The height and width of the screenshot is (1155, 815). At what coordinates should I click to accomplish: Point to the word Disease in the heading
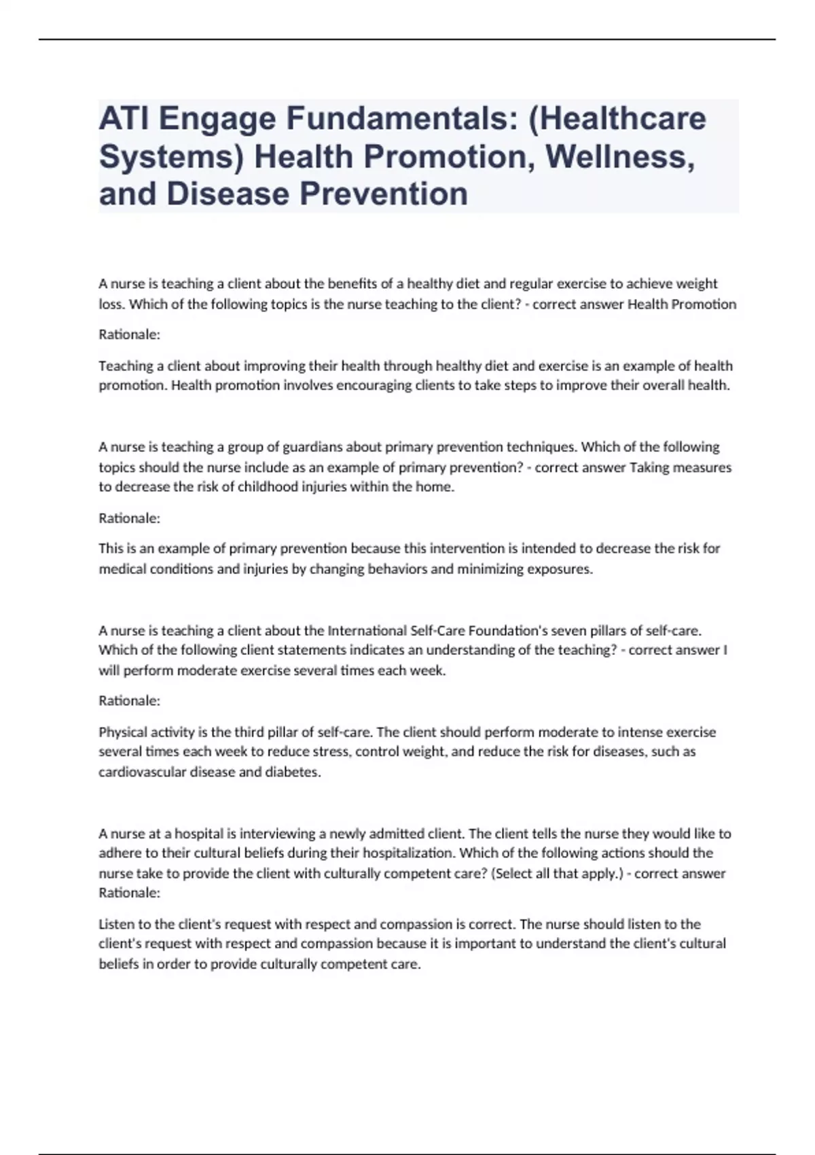(x=228, y=194)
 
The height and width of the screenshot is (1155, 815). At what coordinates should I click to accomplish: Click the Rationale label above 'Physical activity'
(x=129, y=700)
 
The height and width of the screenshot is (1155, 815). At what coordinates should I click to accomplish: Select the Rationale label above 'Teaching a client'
(x=129, y=335)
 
